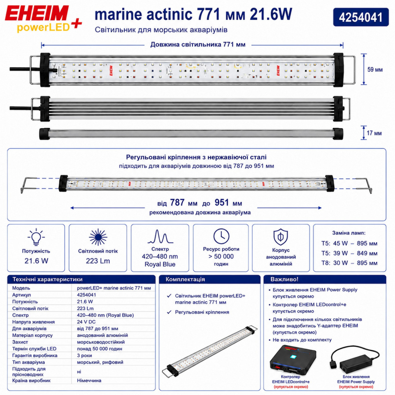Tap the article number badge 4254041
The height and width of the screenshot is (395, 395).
361,17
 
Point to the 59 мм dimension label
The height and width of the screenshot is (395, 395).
375,70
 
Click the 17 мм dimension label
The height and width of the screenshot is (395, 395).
374,133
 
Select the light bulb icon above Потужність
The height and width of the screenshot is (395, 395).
36,237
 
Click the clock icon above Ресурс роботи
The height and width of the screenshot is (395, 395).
221,236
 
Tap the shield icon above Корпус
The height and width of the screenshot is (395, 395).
281,237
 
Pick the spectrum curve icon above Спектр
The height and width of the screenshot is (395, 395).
160,236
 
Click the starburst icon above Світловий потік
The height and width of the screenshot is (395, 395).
98,237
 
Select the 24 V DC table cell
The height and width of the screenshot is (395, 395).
86,322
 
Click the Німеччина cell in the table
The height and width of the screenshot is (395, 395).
89,381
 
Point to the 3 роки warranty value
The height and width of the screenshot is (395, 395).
85,355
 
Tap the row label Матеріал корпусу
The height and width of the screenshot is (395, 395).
32,335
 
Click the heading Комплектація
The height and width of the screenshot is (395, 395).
185,279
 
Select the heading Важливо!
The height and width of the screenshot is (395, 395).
284,279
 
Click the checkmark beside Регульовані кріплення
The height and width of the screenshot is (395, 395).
169,312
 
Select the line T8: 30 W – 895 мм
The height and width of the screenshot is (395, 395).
349,263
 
